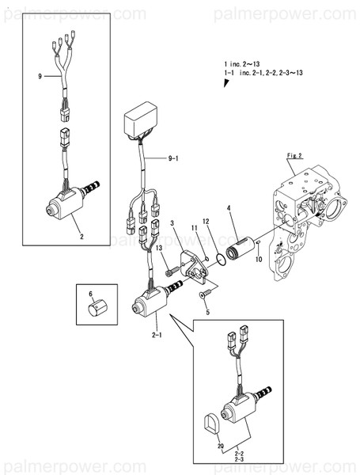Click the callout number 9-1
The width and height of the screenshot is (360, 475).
(x=173, y=158)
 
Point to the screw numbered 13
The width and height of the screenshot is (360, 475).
(x=172, y=271)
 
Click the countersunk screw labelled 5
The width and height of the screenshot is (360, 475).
(x=205, y=293)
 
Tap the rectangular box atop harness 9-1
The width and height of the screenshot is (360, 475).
(x=141, y=120)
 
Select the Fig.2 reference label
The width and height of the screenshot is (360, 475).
(x=294, y=155)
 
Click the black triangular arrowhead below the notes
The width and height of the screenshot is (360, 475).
(x=225, y=83)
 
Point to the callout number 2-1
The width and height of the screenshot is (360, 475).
(x=157, y=335)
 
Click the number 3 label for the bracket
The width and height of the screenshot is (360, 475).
(x=172, y=223)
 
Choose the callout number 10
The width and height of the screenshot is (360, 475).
(x=259, y=260)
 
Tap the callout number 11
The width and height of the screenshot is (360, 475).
(x=194, y=228)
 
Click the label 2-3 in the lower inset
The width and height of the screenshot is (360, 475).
(x=239, y=459)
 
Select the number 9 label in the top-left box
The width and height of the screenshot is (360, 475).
(x=40, y=76)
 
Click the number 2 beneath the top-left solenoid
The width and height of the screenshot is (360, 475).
(x=81, y=237)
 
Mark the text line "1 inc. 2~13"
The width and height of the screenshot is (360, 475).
(x=242, y=64)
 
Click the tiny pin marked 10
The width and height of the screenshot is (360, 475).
(x=258, y=242)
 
